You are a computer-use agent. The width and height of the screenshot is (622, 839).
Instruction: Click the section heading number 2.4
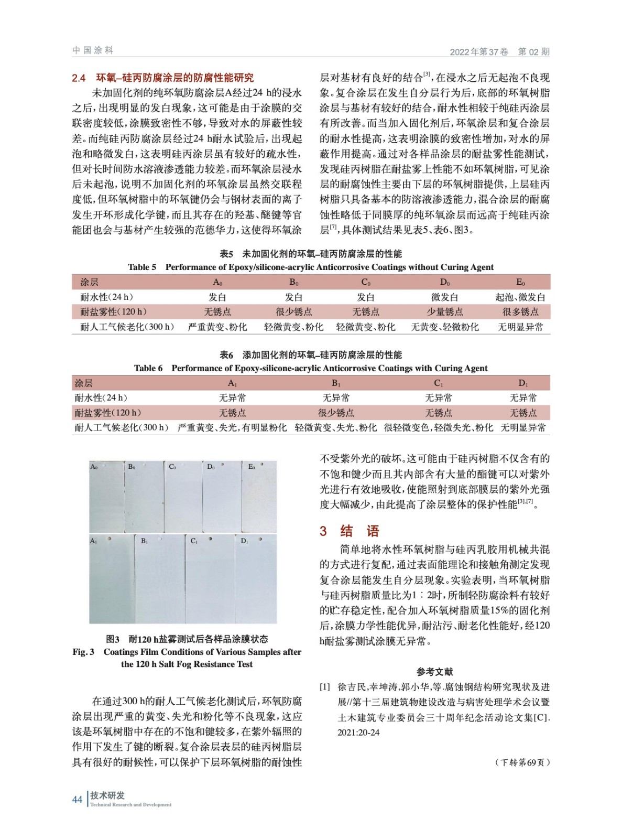[79, 78]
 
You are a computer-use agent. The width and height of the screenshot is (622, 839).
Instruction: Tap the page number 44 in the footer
[77, 799]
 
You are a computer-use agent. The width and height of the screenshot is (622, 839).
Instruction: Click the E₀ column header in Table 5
[520, 282]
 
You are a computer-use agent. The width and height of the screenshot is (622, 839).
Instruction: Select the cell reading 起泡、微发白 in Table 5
[520, 297]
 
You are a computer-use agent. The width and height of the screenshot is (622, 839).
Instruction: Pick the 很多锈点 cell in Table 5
[520, 311]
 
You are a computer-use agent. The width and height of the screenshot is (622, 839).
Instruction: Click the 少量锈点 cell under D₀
[444, 311]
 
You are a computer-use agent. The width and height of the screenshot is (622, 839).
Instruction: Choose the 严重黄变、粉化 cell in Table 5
[217, 327]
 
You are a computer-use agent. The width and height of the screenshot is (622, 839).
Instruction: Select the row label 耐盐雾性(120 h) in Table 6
[108, 413]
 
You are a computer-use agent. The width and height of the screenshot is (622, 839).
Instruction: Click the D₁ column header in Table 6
[523, 383]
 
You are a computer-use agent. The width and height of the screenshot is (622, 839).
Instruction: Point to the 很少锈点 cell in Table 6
[336, 413]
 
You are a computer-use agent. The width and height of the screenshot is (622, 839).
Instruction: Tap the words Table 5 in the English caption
[142, 267]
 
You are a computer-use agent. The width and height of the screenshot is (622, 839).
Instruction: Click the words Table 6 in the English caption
[148, 368]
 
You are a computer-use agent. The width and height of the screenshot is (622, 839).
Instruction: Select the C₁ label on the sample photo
[194, 541]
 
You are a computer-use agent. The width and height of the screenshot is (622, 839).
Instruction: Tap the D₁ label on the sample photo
[244, 541]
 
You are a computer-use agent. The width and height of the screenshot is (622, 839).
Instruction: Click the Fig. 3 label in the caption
[83, 652]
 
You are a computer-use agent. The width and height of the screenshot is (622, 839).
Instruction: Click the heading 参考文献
[435, 672]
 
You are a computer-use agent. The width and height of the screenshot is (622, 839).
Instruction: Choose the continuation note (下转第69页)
[522, 762]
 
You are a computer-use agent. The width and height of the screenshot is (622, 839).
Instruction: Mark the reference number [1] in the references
[325, 687]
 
